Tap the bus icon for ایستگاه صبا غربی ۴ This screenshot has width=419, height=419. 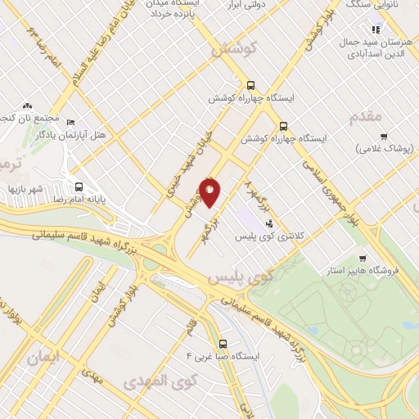coord(223,345)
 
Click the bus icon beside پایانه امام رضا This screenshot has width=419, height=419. coord(79,186)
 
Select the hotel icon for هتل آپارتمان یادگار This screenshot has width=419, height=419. coord(70,121)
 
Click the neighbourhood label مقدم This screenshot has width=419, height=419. coord(365,116)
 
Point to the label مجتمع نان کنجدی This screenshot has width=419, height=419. coord(25,120)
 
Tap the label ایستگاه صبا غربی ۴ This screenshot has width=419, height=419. coord(223,358)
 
